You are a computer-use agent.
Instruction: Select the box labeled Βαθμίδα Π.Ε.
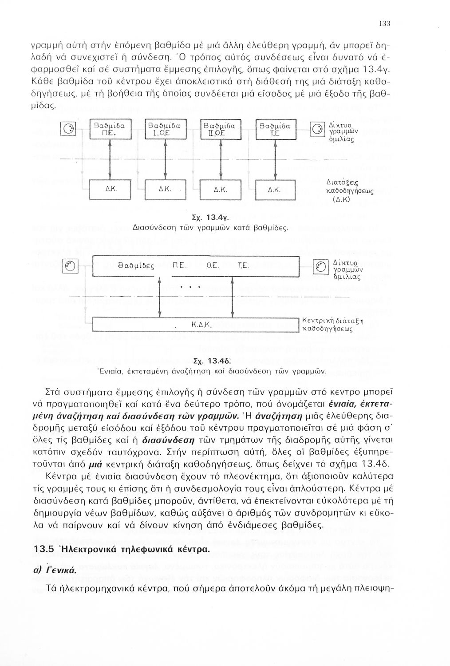tap(109, 130)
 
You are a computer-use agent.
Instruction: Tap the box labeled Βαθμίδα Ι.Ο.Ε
tap(165, 130)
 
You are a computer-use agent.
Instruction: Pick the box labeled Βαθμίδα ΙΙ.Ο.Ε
tap(221, 130)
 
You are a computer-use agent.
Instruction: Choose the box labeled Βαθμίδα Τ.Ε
tap(276, 130)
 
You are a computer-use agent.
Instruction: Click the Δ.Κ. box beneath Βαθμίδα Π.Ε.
tap(109, 189)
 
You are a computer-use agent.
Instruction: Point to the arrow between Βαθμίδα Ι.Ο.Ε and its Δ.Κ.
tap(165, 160)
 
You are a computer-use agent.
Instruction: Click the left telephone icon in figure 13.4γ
tap(71, 130)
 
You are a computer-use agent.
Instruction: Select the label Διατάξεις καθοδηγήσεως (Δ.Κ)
tap(349, 191)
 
